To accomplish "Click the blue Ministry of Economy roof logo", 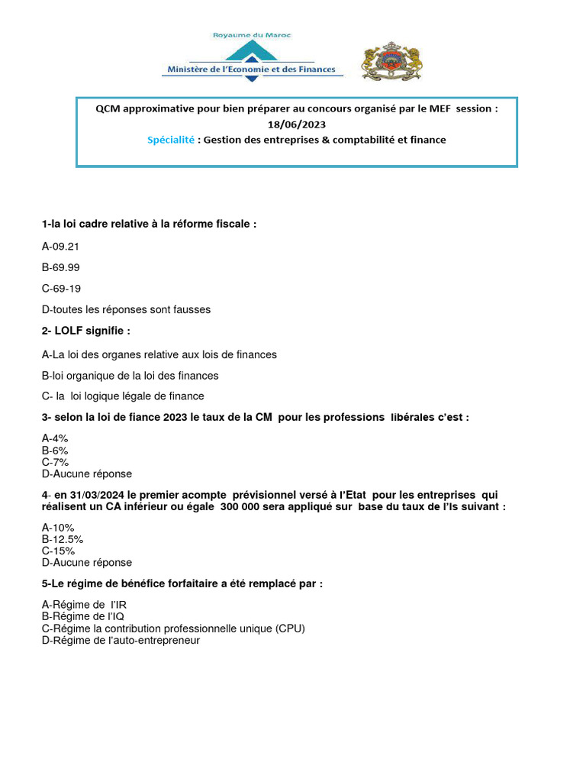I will click(251, 52).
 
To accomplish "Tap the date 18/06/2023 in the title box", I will click(297, 124).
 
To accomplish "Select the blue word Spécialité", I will click(172, 140).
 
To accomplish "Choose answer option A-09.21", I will click(61, 247).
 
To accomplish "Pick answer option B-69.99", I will click(61, 267).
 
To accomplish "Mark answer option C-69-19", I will click(61, 288).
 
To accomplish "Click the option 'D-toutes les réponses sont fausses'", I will click(126, 309).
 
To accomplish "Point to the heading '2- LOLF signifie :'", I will click(86, 331).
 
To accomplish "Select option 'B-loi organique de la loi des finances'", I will click(130, 375).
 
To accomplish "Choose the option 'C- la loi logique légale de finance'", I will click(123, 396).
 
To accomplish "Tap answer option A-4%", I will click(56, 438).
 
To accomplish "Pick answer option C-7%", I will click(56, 462).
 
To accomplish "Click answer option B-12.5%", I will click(63, 539).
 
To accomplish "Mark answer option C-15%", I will click(58, 551).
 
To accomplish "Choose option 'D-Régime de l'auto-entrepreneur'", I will click(121, 640).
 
